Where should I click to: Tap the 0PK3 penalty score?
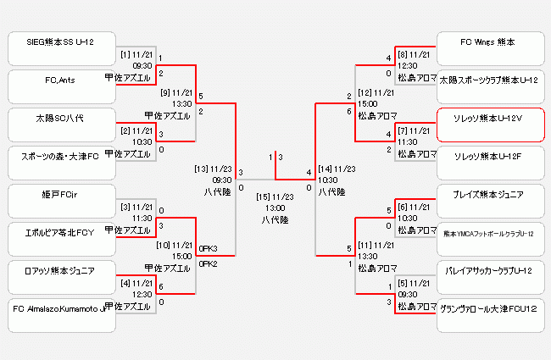click(x=209, y=248)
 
